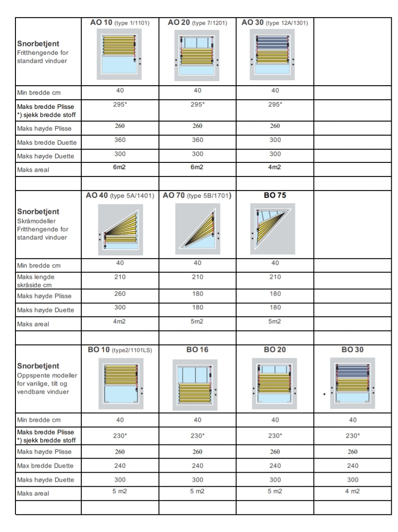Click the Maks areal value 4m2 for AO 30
tap(274, 167)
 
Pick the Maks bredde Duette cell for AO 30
tap(274, 141)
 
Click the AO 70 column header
tap(197, 196)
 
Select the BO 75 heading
tap(274, 196)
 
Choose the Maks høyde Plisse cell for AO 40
tap(120, 294)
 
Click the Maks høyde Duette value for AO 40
tap(120, 308)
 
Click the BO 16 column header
tap(197, 350)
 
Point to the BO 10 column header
tap(120, 350)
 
